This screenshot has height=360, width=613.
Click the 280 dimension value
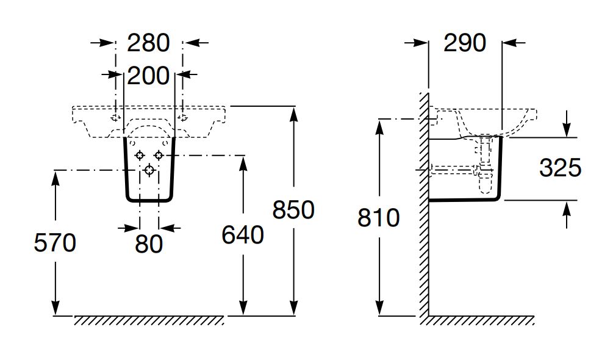point(149,43)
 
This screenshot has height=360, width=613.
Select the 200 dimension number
point(149,76)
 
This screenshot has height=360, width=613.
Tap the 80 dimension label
point(149,244)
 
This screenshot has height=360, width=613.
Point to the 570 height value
point(55,243)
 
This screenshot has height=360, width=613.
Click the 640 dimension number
point(243,236)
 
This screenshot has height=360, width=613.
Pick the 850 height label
point(293,209)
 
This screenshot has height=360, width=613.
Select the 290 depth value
point(465,43)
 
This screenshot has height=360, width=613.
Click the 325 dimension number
point(560,168)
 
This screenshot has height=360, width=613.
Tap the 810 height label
point(378,218)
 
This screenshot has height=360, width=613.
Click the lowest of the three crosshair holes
point(149,170)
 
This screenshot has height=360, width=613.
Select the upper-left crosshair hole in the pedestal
point(140,156)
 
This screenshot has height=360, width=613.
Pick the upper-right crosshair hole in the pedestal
point(159,156)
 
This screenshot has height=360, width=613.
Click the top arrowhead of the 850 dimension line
point(294,113)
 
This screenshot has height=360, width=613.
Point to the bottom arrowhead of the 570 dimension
point(56,308)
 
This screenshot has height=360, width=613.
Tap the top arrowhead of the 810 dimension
point(379,127)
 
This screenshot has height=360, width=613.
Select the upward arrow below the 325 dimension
point(567,214)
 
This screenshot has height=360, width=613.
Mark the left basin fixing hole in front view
point(115,118)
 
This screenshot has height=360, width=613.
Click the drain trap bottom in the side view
point(486,190)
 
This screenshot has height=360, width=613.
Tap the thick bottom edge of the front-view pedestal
point(149,201)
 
